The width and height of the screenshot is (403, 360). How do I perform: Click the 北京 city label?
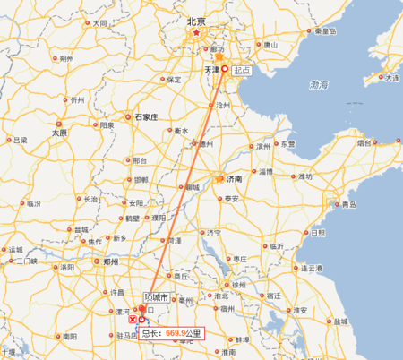(195, 21)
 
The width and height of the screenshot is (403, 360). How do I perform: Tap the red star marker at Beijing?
(196, 33)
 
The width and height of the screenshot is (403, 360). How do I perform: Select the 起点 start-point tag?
(241, 68)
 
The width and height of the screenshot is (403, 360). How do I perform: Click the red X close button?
(133, 319)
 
